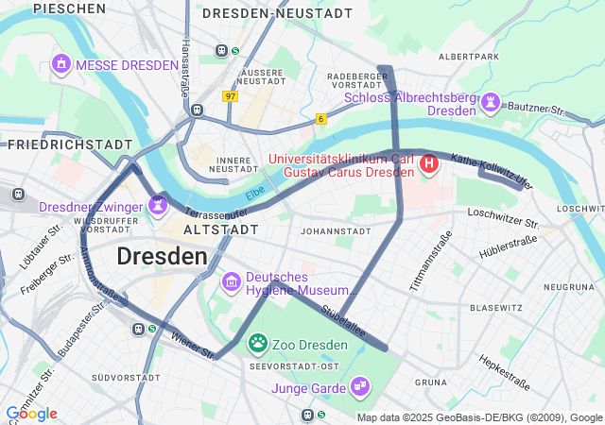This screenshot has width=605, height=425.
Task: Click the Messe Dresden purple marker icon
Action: pos(61,64)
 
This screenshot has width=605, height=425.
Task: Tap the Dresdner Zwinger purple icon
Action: pos(157,204)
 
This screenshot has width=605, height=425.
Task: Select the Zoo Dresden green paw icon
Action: pos(257,343)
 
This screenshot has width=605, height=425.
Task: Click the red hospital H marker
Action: pos(429,165)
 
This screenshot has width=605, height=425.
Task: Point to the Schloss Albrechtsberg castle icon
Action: pos(491,102)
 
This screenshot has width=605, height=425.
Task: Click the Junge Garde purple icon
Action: pos(359,385)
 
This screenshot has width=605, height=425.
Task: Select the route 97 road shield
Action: pos(231,96)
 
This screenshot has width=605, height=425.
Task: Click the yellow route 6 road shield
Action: pos(321,118)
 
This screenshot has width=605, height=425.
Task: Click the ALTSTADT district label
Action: pos(220,229)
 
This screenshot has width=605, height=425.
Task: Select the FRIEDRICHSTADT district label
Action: pos(70,144)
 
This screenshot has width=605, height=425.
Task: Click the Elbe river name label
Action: pos(255,195)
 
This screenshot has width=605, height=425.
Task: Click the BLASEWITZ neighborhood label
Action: pos(496,308)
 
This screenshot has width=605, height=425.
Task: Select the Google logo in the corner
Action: pos(31,414)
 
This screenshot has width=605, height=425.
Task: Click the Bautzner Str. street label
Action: pos(535,110)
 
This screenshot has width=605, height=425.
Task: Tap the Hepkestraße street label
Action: pos(503,372)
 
